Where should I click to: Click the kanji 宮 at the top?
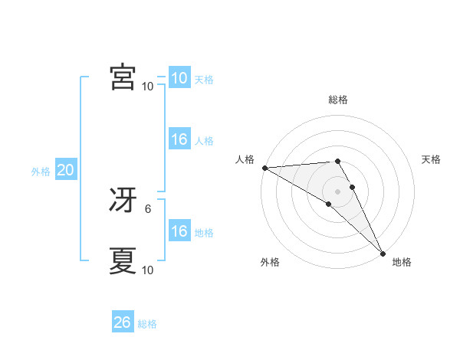point(123,78)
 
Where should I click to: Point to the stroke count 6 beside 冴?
point(148,208)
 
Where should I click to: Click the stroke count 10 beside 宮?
point(147,86)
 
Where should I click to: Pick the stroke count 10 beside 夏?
point(147,270)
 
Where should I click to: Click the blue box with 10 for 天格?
point(179,78)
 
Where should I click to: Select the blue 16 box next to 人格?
point(179,140)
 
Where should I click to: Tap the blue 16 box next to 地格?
point(179,232)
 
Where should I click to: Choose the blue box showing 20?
point(65,171)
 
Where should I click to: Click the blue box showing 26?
point(123,322)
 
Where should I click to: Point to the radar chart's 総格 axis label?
point(338,100)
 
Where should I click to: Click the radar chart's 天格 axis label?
point(431,159)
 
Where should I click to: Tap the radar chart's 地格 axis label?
point(402,262)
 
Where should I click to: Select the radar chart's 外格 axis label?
point(270,262)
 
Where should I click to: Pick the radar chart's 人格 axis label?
point(245,159)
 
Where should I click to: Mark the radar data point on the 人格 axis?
point(264,168)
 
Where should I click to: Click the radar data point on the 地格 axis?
point(383,254)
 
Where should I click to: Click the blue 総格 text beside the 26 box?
point(147,324)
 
